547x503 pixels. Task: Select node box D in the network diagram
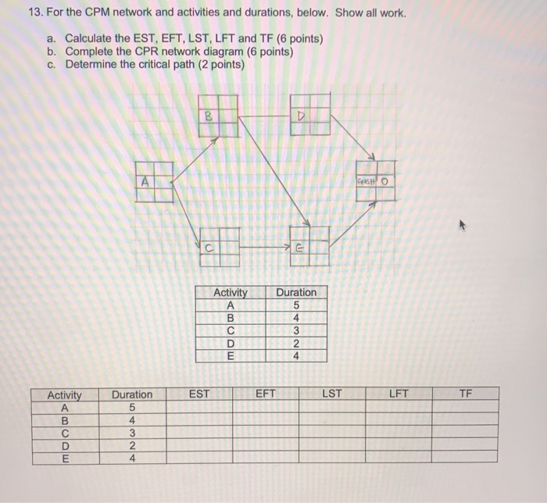310,115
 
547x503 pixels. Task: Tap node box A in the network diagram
154,181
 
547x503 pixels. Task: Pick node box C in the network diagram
220,243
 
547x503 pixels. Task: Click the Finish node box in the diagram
375,180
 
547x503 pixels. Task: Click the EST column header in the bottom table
199,394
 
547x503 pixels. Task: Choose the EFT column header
266,394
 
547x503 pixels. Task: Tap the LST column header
332,394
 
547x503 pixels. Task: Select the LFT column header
399,394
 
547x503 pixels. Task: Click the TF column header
466,394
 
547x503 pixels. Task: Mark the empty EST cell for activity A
199,407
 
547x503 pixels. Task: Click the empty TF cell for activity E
466,458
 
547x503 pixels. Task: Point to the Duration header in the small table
297,293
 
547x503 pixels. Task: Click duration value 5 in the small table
297,305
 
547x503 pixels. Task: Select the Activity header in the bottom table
65,394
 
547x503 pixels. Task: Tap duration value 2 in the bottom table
132,445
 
